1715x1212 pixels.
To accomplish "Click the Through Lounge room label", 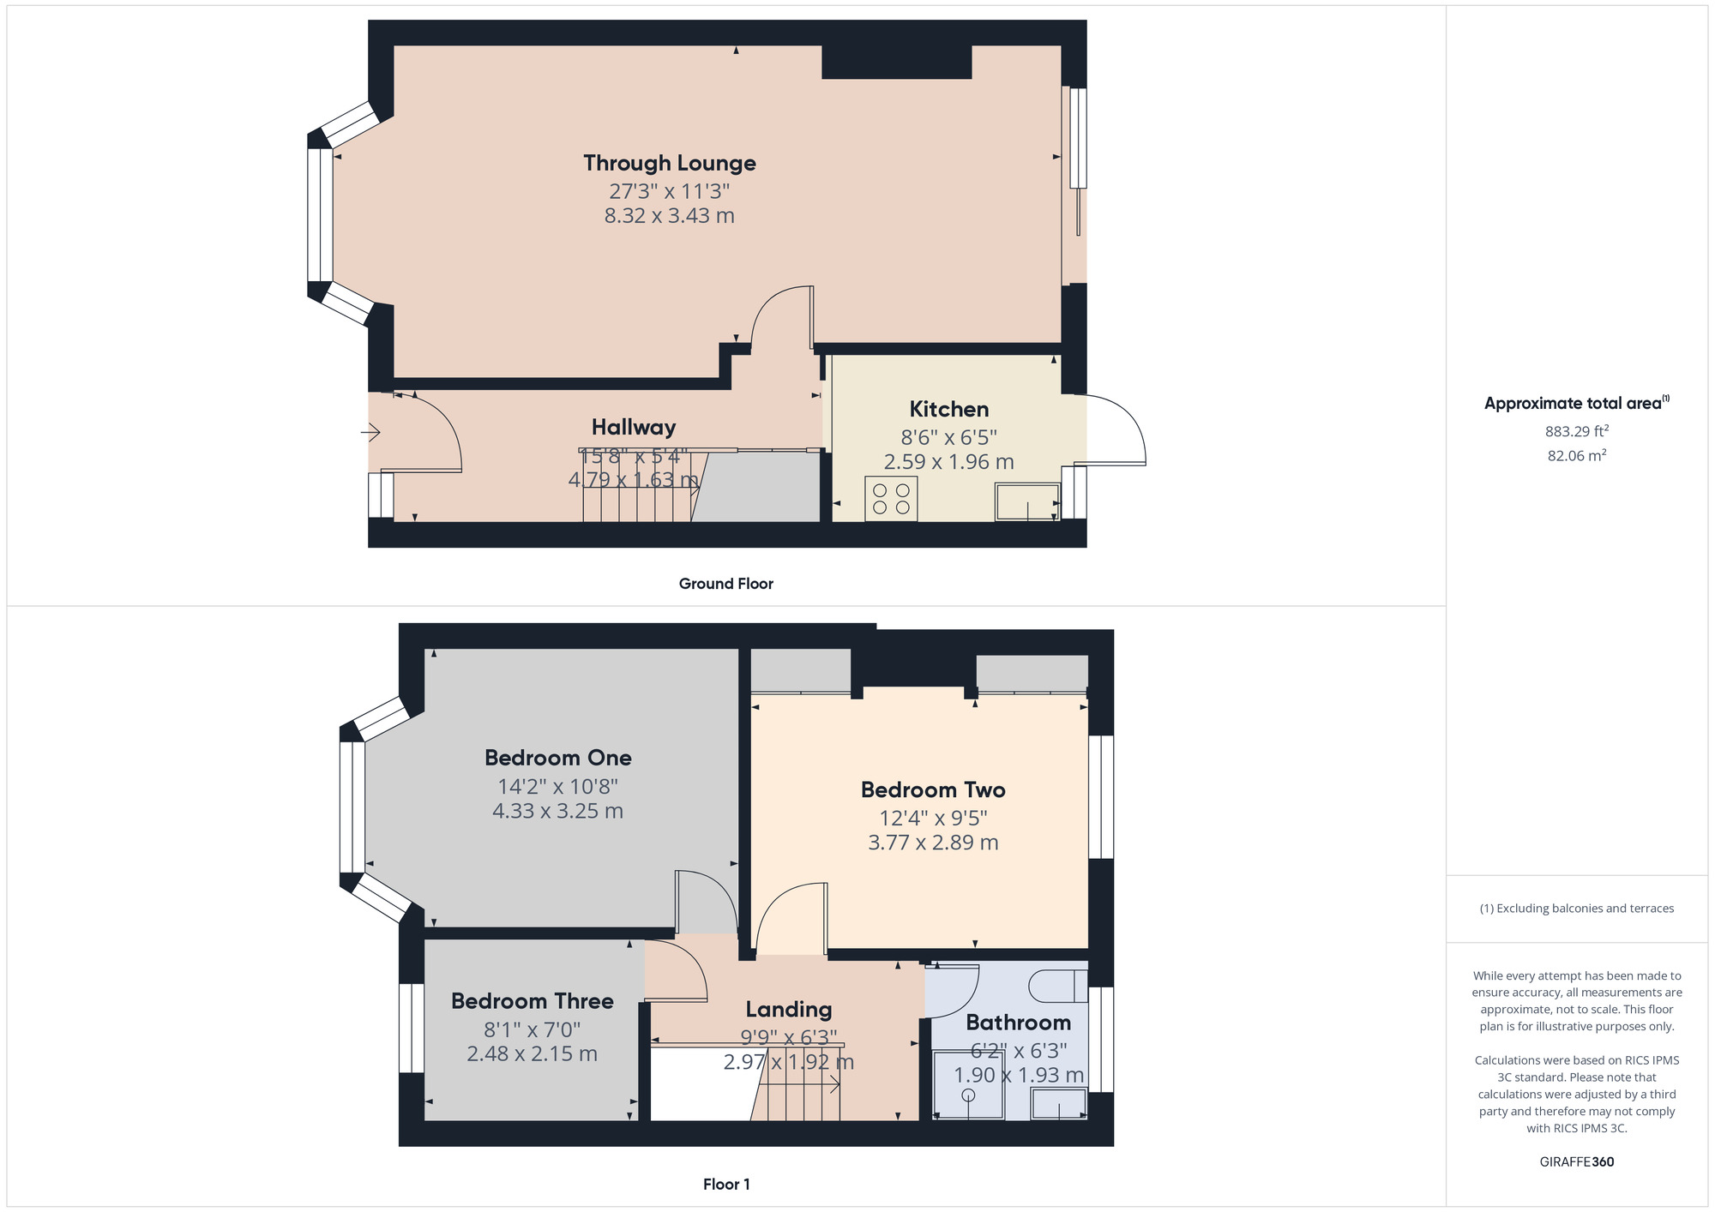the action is pos(670,163).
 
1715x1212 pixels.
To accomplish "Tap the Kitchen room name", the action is pos(949,409).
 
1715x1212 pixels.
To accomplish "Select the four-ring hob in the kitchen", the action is pos(891,499).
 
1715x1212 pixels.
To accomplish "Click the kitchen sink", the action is pos(1027,502).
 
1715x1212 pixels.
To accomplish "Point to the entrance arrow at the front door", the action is pos(370,433).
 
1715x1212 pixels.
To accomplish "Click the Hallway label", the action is pos(634,427).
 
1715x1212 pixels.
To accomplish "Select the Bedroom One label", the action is pos(558,758).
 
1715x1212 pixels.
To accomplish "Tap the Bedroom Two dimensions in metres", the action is pos(933,843).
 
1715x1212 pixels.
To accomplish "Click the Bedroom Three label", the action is pos(533,1001).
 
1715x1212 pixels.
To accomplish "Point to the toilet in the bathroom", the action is pos(1057,986).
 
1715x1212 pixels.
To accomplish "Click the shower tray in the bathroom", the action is pos(968,1085).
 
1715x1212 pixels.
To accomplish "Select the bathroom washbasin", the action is pos(1059,1104).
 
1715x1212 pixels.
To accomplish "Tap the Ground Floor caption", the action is pos(726,584).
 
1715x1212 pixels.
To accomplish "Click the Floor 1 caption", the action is pos(726,1185).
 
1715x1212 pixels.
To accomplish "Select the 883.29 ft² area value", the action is pos(1577,431).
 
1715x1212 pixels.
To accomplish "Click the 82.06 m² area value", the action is pos(1577,455).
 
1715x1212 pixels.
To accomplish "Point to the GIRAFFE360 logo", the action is pos(1577,1162).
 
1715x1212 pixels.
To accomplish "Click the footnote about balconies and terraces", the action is pos(1577,909).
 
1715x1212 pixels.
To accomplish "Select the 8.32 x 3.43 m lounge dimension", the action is pos(670,216).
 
